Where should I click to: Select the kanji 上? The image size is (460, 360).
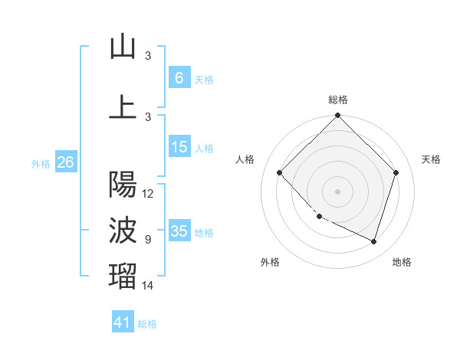click(x=123, y=106)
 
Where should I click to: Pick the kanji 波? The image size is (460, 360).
click(x=123, y=229)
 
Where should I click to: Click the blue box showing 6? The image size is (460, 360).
click(x=179, y=78)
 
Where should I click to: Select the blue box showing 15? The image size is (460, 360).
click(x=179, y=147)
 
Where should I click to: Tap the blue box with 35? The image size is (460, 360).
click(x=179, y=231)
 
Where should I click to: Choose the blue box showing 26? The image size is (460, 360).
click(x=65, y=162)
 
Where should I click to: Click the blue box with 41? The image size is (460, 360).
click(x=122, y=322)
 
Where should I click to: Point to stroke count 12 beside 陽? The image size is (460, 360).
click(x=148, y=194)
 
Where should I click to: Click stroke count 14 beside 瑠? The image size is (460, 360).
click(x=148, y=286)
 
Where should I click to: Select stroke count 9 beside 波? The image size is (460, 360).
click(x=148, y=240)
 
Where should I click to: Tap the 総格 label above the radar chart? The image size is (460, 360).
click(x=337, y=100)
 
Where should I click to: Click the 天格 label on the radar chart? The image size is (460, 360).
click(x=431, y=159)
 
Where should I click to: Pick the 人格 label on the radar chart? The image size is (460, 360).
click(x=245, y=159)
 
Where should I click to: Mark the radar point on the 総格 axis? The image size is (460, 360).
click(x=337, y=116)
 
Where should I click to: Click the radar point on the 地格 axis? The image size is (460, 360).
click(x=373, y=241)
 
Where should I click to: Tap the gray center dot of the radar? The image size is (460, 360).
click(x=337, y=191)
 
